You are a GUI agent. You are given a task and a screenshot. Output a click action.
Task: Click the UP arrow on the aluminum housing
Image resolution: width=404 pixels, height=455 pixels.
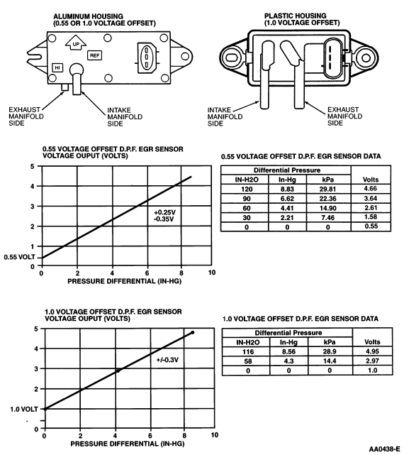point(76,43)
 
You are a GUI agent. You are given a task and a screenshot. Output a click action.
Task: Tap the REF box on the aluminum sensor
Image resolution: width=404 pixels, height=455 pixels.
point(94,55)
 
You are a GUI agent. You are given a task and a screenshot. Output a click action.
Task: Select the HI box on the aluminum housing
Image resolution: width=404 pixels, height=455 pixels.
point(57,68)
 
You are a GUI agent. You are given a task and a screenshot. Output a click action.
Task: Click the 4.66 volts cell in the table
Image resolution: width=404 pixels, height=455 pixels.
point(371,189)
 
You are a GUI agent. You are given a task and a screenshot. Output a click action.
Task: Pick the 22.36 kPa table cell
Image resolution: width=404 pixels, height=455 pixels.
point(327,199)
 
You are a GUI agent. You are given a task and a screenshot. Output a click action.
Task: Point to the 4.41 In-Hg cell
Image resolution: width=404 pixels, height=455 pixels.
point(287,208)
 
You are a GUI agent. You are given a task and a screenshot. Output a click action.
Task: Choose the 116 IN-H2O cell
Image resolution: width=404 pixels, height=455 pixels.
point(248,351)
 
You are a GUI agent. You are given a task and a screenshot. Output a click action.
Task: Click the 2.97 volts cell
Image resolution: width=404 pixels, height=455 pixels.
point(372,361)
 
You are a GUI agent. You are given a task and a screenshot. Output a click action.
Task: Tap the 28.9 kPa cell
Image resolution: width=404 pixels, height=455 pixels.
point(330,351)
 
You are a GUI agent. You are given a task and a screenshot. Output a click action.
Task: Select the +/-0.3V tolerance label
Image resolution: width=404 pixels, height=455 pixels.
point(167,360)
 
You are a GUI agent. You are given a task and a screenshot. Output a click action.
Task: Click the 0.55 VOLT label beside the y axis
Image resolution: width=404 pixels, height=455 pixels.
point(19,257)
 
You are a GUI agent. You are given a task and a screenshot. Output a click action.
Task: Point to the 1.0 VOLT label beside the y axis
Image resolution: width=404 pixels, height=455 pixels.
point(24,409)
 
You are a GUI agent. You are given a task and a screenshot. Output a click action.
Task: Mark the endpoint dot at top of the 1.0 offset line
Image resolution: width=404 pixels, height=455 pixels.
point(193,332)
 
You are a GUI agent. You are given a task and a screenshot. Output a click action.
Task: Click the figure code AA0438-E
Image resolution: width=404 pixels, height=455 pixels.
point(385,449)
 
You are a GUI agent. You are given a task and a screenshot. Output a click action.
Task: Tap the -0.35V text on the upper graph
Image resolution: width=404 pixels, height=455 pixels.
point(164,219)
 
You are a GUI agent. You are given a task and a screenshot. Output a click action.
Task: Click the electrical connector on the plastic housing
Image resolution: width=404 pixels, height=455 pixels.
point(333,59)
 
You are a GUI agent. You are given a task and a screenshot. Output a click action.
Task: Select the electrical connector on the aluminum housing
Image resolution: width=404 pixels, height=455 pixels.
point(147,57)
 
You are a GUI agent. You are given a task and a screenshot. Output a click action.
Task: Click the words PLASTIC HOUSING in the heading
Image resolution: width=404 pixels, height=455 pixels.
point(295,16)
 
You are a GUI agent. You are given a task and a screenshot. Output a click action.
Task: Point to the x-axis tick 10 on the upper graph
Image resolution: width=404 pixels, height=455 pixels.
point(212,273)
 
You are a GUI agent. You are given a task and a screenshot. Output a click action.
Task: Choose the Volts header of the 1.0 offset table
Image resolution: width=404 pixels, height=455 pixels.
point(372,342)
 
